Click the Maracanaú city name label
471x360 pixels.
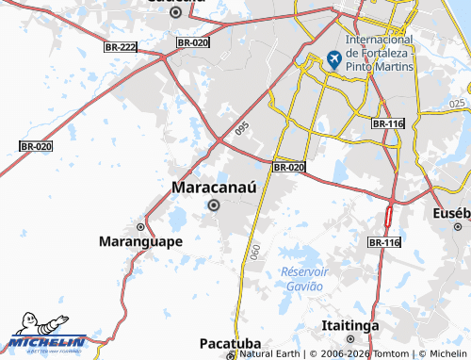pos(214,188)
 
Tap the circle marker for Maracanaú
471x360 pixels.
pos(214,205)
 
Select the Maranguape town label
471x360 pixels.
pos(140,241)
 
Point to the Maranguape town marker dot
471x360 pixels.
pos(140,227)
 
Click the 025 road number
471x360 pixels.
pos(458,103)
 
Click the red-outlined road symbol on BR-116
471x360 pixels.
pos(388,218)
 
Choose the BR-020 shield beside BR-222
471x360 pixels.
pos(192,42)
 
